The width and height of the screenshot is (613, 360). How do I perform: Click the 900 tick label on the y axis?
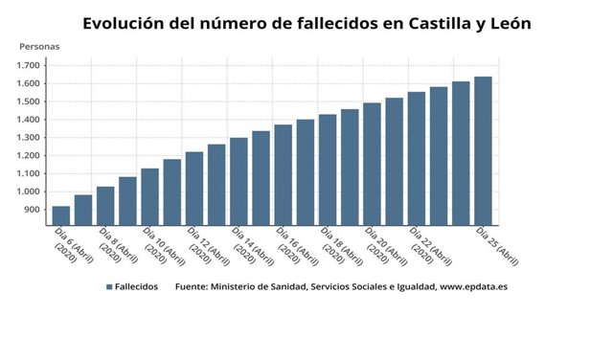click(32, 210)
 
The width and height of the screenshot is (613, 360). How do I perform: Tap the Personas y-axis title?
click(39, 46)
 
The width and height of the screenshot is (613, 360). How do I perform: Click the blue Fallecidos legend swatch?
click(110, 286)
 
